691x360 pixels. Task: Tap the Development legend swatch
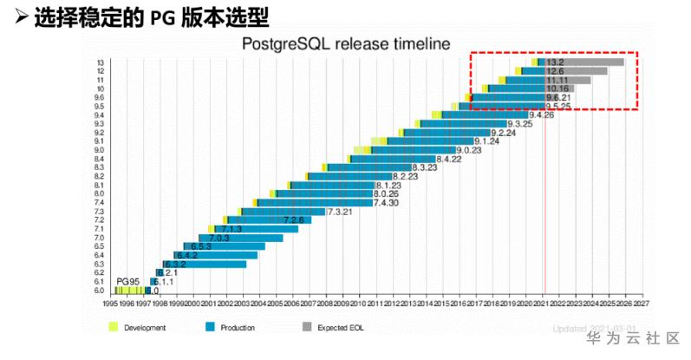[112, 327]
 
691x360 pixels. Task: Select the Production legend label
[238, 328]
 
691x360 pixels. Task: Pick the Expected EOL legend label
[339, 328]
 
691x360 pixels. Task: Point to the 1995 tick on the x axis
[111, 304]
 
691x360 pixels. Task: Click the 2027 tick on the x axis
[641, 304]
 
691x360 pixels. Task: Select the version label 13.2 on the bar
[556, 62]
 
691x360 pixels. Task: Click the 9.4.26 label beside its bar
[542, 115]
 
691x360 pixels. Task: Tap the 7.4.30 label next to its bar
[386, 203]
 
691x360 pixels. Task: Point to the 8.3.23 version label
[426, 167]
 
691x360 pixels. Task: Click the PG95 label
[129, 282]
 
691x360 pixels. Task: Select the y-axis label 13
[100, 62]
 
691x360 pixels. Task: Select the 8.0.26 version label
[386, 194]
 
